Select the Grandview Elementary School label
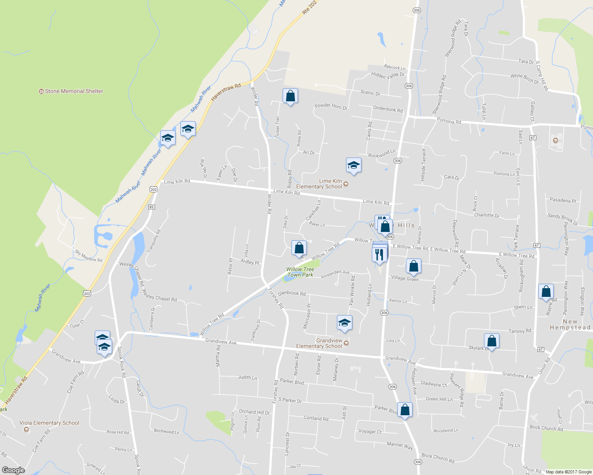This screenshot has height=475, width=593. tap(319, 343)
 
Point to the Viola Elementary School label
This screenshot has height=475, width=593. tap(50, 423)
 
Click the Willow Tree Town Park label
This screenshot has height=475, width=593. tap(300, 272)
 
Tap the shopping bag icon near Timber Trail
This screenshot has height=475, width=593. tap(290, 96)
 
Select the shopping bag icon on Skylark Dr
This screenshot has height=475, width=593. tap(492, 341)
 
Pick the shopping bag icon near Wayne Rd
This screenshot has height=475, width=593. tap(546, 291)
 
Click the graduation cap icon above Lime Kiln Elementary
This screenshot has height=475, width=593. tap(353, 165)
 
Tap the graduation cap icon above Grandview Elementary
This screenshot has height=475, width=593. tap(344, 322)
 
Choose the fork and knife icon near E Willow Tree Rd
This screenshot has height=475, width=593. tap(379, 254)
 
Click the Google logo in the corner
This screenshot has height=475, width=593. tap(13, 470)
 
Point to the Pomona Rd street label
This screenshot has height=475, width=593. tap(449, 121)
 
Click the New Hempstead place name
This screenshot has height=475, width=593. tap(570, 325)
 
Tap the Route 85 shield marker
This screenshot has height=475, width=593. tap(151, 207)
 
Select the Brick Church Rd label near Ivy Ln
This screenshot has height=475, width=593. tap(546, 428)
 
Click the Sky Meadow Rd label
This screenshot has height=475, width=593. tap(88, 256)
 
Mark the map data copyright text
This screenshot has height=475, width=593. tap(568, 472)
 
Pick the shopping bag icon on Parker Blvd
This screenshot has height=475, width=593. tap(405, 409)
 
